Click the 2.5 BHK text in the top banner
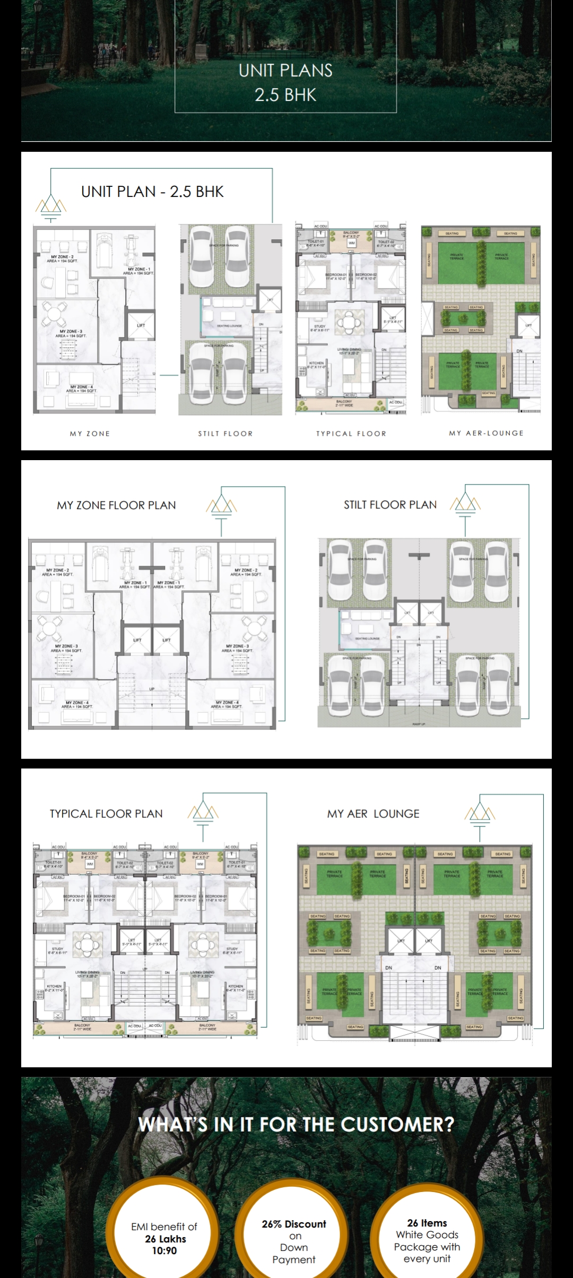(285, 95)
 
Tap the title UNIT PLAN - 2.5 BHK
(152, 192)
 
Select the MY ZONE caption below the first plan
(90, 434)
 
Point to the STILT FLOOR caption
(225, 434)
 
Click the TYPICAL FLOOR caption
(351, 434)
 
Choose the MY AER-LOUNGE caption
(486, 433)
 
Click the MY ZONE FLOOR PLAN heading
(116, 505)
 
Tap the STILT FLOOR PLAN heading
(390, 505)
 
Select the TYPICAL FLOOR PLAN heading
(106, 814)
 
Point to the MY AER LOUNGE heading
(373, 814)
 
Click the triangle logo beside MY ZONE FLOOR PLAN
(221, 506)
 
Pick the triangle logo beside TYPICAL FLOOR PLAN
(203, 813)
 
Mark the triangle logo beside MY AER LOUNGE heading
(480, 813)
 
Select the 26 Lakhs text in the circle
(166, 1239)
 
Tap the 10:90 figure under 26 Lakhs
(164, 1250)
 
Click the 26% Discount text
(294, 1224)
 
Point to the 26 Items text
(427, 1223)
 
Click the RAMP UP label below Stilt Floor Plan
(419, 724)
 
